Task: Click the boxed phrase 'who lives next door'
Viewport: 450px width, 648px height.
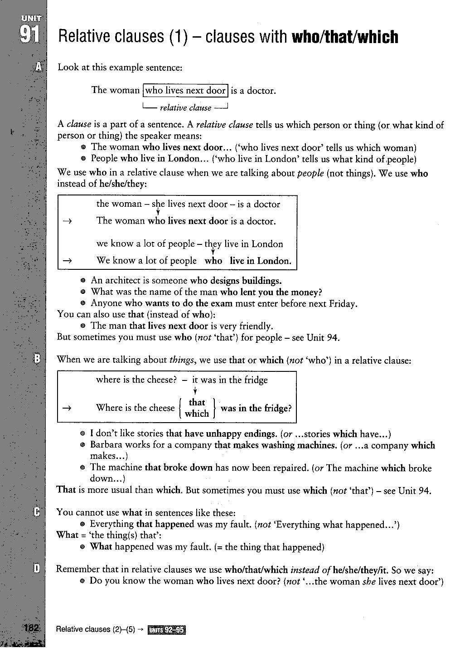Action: click(x=185, y=90)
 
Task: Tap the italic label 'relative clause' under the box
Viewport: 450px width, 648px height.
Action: click(x=185, y=108)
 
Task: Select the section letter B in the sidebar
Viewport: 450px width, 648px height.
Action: click(x=38, y=359)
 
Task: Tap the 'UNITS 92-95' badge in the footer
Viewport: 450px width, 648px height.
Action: click(x=167, y=629)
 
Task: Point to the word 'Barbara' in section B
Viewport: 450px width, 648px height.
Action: click(x=106, y=445)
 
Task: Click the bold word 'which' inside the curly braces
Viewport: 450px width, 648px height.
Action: click(x=197, y=414)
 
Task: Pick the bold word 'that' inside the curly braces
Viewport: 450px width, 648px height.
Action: click(x=197, y=402)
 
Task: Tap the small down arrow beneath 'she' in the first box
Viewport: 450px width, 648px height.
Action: click(x=158, y=212)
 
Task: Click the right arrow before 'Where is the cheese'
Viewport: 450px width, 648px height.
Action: click(x=67, y=408)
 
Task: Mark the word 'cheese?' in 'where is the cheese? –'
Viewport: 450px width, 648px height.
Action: click(x=160, y=380)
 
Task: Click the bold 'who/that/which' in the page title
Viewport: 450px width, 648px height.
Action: click(x=345, y=37)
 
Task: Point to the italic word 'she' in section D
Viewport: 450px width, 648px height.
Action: click(x=369, y=581)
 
